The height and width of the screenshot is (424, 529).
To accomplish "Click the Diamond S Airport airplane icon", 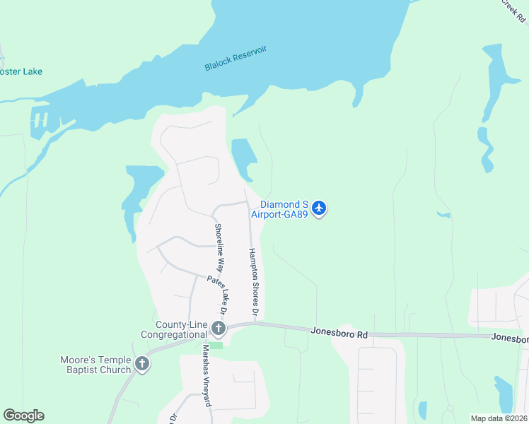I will [319, 208].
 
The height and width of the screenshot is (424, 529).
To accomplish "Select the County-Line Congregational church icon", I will [219, 328].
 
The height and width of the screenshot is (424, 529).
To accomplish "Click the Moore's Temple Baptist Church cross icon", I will [142, 364].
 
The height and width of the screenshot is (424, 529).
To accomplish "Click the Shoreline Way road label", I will [219, 248].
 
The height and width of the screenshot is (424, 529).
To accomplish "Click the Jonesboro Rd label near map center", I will [339, 331].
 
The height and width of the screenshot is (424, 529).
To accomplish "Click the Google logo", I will [23, 415].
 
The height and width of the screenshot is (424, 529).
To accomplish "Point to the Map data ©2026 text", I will [499, 418].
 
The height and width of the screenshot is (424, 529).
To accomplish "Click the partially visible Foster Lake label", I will [21, 71].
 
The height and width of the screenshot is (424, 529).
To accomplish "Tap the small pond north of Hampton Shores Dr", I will [243, 157].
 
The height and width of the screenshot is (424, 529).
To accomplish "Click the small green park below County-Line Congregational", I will [216, 344].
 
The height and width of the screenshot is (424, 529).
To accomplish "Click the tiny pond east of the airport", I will [443, 214].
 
